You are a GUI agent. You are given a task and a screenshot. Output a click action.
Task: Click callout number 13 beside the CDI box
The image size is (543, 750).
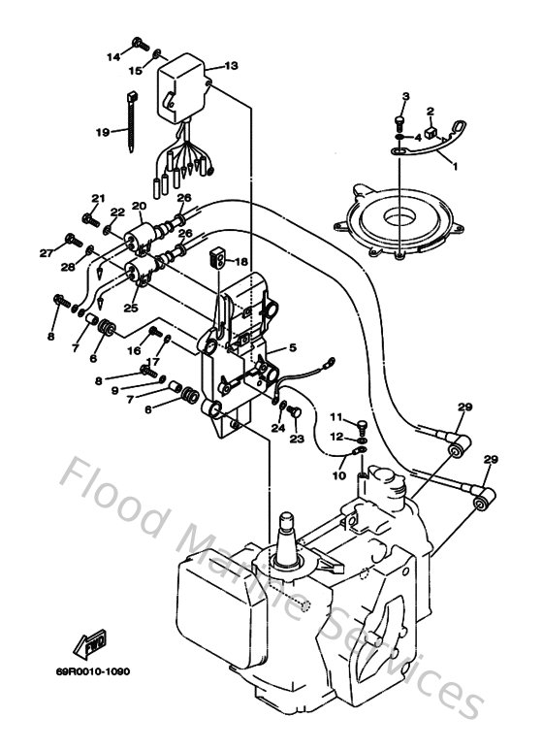[231, 66]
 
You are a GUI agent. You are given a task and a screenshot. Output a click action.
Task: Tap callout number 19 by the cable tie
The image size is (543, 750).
[103, 133]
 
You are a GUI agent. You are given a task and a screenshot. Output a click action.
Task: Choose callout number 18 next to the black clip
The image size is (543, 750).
[241, 261]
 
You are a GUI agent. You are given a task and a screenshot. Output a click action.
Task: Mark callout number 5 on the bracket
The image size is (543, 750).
[291, 347]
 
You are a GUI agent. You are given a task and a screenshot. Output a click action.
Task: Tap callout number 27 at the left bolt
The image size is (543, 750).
[45, 253]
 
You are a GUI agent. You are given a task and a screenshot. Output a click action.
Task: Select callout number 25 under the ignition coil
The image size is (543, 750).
[130, 308]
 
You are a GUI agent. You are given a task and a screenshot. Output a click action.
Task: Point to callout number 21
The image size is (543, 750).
[97, 198]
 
